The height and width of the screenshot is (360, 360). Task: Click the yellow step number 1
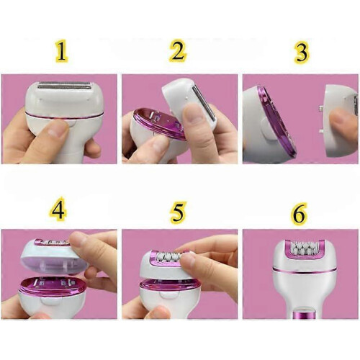tap(62, 51)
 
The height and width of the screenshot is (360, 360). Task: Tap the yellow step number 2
tap(178, 50)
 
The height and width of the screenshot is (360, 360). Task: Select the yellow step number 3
tap(301, 52)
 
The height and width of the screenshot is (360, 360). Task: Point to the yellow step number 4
tap(58, 208)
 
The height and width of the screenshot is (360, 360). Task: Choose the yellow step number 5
tap(178, 211)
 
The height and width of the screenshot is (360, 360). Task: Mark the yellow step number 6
tap(300, 213)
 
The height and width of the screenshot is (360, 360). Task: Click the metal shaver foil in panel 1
tap(65, 86)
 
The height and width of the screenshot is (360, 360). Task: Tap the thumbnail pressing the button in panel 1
tap(57, 128)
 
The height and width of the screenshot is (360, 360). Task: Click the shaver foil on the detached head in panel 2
tap(204, 102)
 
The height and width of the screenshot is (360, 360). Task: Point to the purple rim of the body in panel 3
tap(276, 121)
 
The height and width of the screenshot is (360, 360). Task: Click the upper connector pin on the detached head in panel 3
tap(320, 109)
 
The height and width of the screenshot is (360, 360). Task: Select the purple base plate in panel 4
tap(53, 286)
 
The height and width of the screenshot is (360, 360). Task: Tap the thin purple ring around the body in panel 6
tap(305, 271)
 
